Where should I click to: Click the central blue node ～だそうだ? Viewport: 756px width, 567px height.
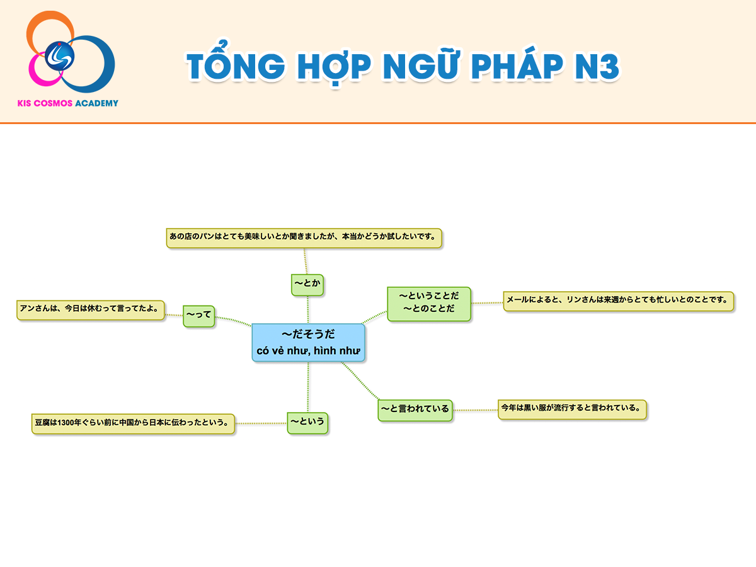pyautogui.click(x=308, y=342)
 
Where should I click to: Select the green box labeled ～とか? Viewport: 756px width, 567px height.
pyautogui.click(x=307, y=285)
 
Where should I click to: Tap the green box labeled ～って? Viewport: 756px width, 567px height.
pyautogui.click(x=198, y=316)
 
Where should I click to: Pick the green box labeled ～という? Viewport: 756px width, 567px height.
pyautogui.click(x=307, y=423)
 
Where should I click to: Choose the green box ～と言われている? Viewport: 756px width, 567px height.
pyautogui.click(x=415, y=410)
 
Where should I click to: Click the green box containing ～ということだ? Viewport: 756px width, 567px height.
pyautogui.click(x=429, y=304)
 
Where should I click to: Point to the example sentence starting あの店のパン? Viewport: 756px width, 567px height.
pyautogui.click(x=304, y=238)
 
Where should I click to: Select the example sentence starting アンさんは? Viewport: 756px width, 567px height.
pyautogui.click(x=91, y=310)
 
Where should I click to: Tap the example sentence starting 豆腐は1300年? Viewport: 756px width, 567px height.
pyautogui.click(x=133, y=424)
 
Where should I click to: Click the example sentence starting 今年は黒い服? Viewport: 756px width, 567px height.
pyautogui.click(x=572, y=409)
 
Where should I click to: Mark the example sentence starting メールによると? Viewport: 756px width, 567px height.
pyautogui.click(x=619, y=301)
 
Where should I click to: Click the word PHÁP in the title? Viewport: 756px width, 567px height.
pyautogui.click(x=517, y=66)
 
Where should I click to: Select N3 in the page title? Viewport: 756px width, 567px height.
pyautogui.click(x=597, y=66)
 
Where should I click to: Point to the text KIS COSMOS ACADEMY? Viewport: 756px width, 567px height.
pyautogui.click(x=68, y=103)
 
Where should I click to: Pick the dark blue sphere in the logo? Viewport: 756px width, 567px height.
pyautogui.click(x=60, y=56)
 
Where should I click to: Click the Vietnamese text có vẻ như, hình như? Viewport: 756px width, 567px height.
pyautogui.click(x=308, y=351)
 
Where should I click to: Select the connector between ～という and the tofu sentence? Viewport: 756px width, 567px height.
pyautogui.click(x=261, y=423)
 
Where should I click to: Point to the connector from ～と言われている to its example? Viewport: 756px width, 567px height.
pyautogui.click(x=475, y=410)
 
